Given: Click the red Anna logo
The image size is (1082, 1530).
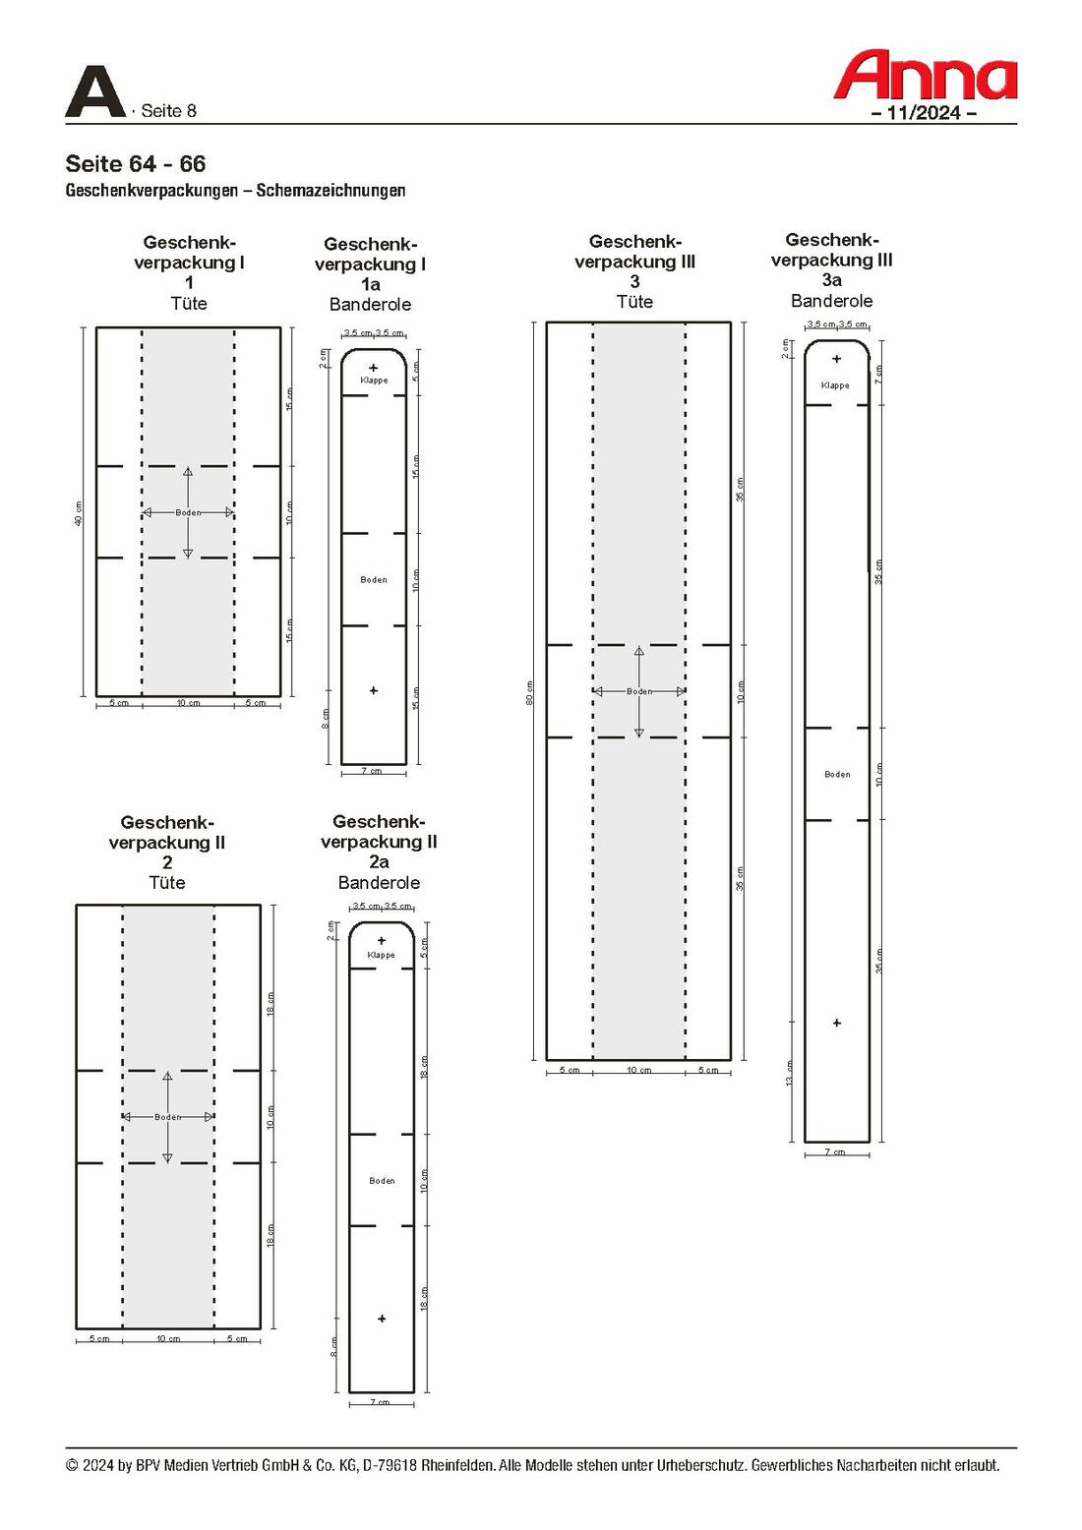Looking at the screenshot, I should [x=925, y=76].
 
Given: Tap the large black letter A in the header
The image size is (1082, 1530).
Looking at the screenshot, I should [x=94, y=92].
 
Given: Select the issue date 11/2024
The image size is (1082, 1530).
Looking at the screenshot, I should [x=924, y=113].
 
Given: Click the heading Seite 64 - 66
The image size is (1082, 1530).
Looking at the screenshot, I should [x=136, y=164].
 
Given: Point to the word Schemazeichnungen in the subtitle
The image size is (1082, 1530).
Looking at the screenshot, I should [x=331, y=191].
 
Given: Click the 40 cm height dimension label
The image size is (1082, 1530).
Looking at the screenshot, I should [x=79, y=513].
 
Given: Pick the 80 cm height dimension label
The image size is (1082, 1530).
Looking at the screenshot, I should [x=529, y=692].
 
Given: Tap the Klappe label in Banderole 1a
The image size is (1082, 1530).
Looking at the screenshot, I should [x=374, y=381].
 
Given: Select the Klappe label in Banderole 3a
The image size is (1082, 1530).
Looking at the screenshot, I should [x=835, y=385].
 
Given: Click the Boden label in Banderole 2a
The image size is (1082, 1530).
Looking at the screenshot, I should [x=382, y=1181].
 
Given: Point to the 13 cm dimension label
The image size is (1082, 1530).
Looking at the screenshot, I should [x=789, y=1073].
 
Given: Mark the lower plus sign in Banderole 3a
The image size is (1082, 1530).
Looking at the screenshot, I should [x=837, y=1024].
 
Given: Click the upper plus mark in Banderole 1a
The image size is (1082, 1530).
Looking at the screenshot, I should [x=374, y=368].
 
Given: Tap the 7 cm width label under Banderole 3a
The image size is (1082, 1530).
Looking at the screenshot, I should [x=835, y=1152].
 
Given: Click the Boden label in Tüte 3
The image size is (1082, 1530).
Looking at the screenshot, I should [x=639, y=691].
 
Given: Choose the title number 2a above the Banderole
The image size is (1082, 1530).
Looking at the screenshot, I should [x=379, y=862].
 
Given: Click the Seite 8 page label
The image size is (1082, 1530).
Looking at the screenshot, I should [x=168, y=111].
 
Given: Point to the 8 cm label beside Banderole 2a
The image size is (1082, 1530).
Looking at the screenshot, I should [x=334, y=1346].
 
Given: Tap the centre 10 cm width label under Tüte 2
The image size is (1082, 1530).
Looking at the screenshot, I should [x=168, y=1339].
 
